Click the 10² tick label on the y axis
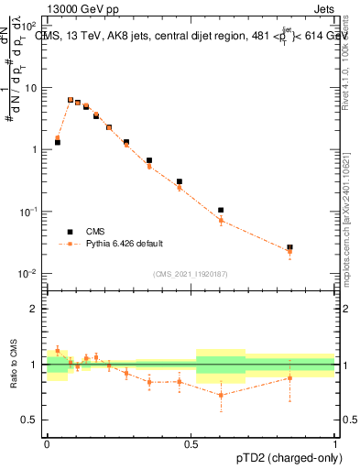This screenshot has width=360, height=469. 30,27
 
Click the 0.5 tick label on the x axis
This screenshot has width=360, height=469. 191,442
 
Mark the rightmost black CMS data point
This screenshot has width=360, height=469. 289,247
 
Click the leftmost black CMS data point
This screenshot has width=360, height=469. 57,143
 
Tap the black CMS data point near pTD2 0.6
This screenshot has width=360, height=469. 221,210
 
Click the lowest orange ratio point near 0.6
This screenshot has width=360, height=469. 221,396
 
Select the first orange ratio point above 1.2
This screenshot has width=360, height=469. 57,350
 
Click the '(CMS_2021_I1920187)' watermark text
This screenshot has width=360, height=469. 191,273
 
